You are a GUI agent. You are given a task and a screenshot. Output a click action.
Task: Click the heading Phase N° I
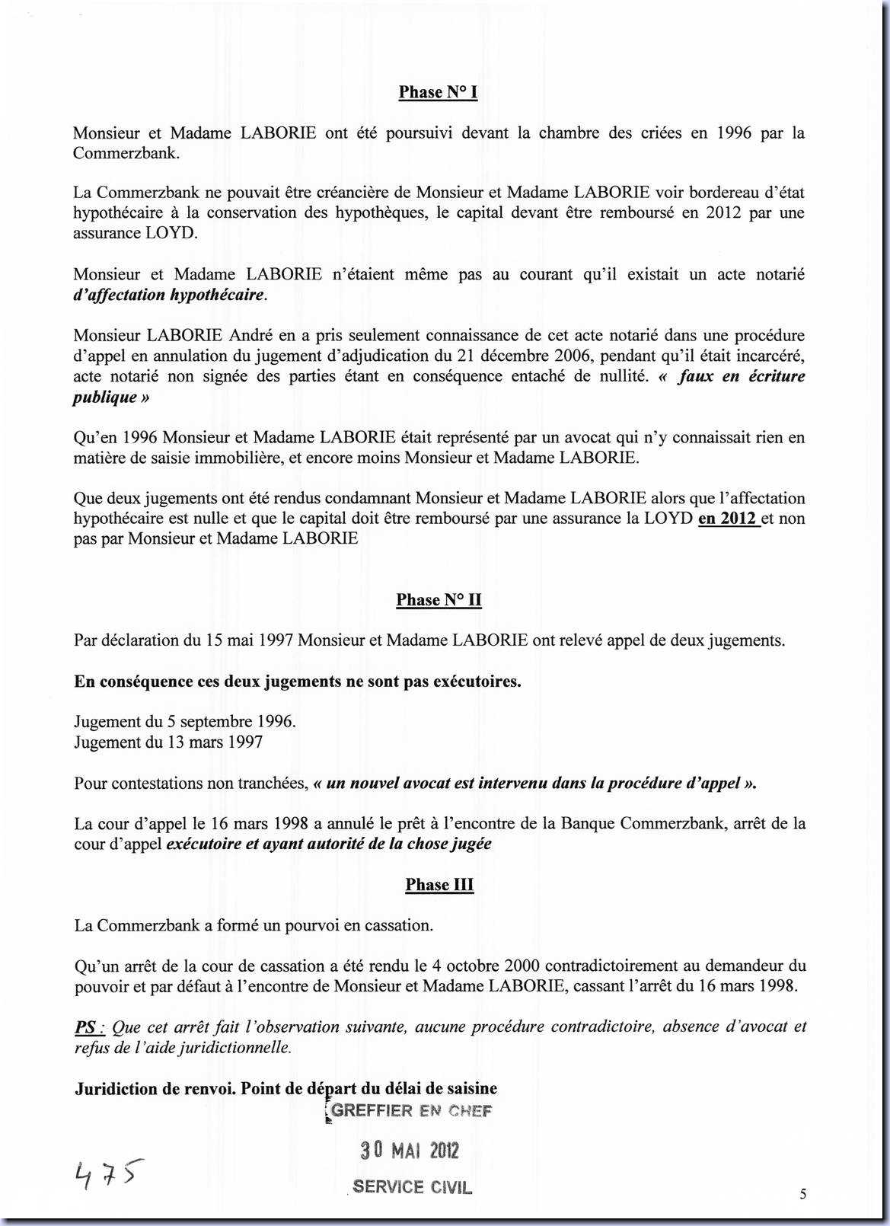point(438,92)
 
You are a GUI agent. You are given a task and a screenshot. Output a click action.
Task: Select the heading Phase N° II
point(439,600)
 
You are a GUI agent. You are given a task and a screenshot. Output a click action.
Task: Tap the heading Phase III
point(439,885)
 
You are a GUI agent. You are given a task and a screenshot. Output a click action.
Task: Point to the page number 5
point(803,1194)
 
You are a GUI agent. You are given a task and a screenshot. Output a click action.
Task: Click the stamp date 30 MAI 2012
point(410,1150)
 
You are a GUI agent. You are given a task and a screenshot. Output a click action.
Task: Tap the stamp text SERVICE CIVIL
point(412,1187)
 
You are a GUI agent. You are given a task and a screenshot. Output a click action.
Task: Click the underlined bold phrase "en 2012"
point(728,519)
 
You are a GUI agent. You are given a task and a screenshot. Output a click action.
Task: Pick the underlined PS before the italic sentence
point(86,1027)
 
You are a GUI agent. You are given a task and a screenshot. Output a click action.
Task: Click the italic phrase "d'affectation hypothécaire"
point(168,295)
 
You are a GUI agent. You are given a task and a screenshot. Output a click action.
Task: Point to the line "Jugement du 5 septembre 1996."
point(185,722)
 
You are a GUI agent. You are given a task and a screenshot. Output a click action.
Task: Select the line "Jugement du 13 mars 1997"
point(168,742)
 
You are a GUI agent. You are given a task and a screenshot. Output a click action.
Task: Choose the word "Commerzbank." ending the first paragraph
point(126,153)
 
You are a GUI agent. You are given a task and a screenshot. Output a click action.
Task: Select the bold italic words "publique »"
point(111,397)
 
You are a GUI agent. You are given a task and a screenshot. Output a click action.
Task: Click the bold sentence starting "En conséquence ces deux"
point(298,682)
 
